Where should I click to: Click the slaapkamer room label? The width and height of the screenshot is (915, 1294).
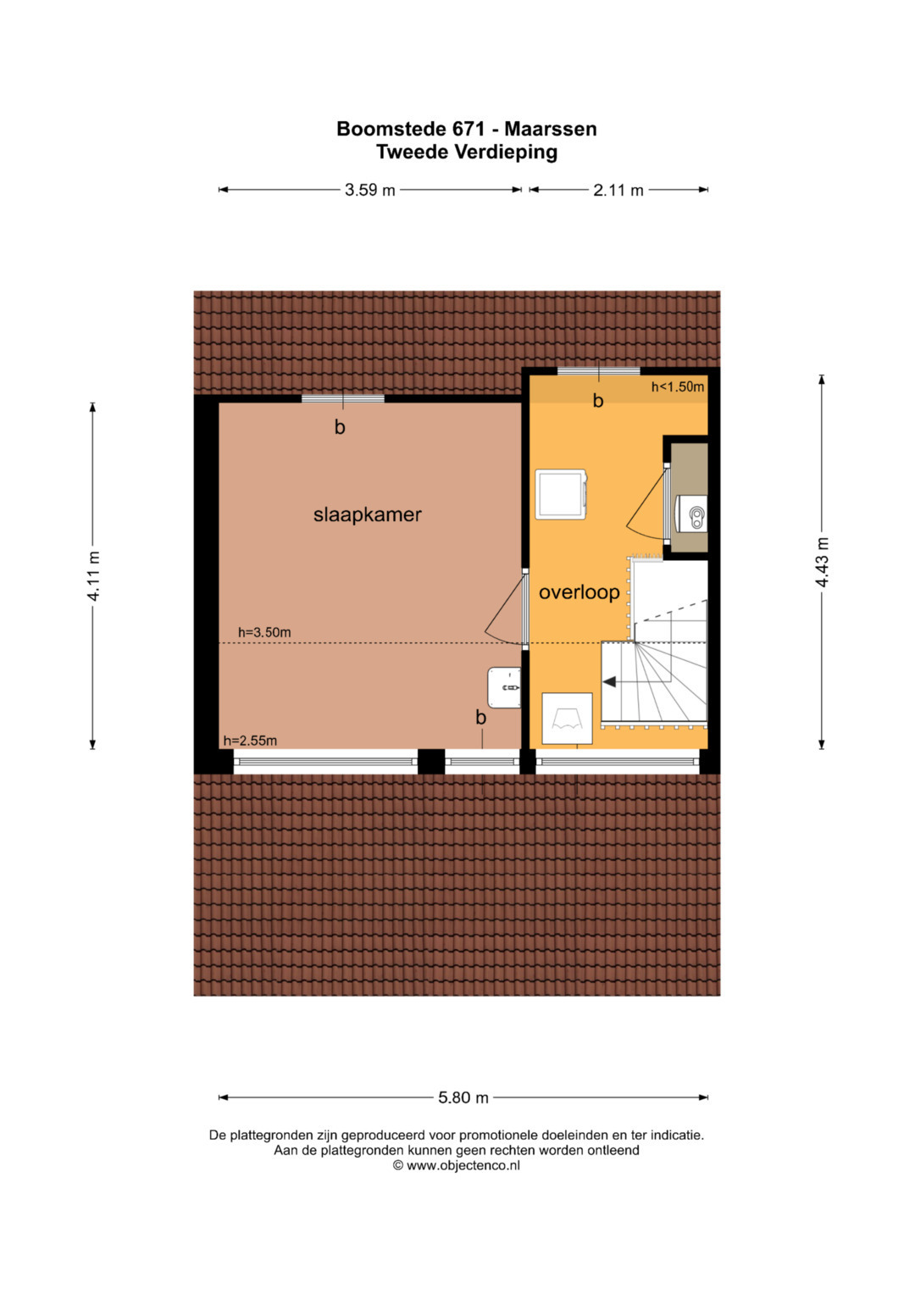[x=368, y=514]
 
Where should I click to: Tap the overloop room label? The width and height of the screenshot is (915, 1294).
[x=579, y=592]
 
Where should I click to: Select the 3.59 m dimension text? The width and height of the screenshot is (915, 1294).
[x=369, y=190]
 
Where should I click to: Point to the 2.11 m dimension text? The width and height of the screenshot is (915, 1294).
[x=618, y=190]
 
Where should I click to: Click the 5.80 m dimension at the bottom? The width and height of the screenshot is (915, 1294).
[x=463, y=1097]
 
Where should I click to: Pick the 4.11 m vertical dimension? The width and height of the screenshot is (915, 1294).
[x=93, y=576]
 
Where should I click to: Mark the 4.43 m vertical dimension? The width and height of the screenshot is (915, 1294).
[x=822, y=563]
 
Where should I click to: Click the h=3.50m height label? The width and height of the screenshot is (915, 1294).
[x=264, y=632]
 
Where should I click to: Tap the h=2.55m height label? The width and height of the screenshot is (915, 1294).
[x=250, y=741]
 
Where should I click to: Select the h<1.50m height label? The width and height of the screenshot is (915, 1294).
[x=678, y=387]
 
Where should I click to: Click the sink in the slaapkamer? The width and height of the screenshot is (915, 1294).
[x=504, y=687]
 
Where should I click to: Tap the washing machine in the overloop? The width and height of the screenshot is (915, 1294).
[x=562, y=494]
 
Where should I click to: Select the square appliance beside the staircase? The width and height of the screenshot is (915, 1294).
[x=567, y=718]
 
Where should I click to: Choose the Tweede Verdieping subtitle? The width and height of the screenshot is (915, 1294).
[x=467, y=152]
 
